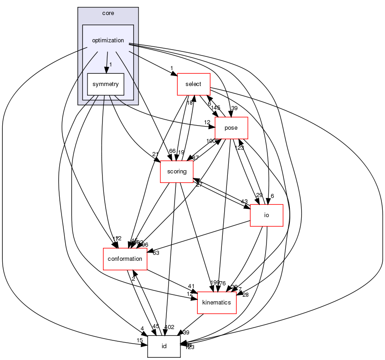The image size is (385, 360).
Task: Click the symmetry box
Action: [x=106, y=84]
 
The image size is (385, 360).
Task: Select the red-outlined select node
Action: [x=193, y=84]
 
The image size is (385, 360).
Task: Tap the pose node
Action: [x=231, y=128]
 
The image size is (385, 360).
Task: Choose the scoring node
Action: [x=177, y=172]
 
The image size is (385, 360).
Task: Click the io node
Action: [x=267, y=215]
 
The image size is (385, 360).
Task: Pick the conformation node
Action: [x=125, y=259]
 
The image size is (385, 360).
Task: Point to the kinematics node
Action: [x=216, y=303]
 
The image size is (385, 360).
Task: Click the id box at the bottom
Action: [x=164, y=346]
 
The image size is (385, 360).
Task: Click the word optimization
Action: [x=108, y=41]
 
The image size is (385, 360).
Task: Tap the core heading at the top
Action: [x=108, y=13]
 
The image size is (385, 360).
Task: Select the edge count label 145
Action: [x=216, y=108]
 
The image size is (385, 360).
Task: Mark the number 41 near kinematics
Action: [x=192, y=286]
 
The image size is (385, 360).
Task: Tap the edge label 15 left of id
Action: [x=139, y=341]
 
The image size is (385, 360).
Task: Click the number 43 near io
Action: [x=244, y=202]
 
